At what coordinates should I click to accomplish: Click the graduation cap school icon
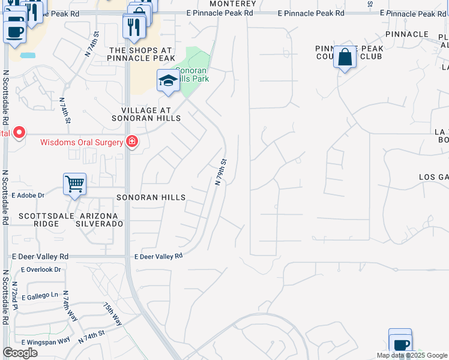click(168, 80)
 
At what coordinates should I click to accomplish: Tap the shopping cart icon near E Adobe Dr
click(74, 184)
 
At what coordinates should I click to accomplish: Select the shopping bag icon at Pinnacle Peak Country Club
click(345, 57)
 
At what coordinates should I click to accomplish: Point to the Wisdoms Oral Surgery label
click(82, 143)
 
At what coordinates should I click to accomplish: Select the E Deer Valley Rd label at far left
click(40, 256)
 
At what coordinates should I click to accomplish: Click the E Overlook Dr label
click(41, 269)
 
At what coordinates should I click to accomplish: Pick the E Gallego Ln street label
click(40, 296)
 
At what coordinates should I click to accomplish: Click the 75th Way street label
click(112, 314)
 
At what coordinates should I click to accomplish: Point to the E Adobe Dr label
click(28, 195)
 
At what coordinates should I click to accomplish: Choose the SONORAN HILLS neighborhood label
click(151, 197)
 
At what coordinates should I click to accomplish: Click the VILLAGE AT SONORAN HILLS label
click(146, 115)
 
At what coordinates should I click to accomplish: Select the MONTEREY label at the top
click(233, 4)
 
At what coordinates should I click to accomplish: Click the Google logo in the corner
click(20, 353)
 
